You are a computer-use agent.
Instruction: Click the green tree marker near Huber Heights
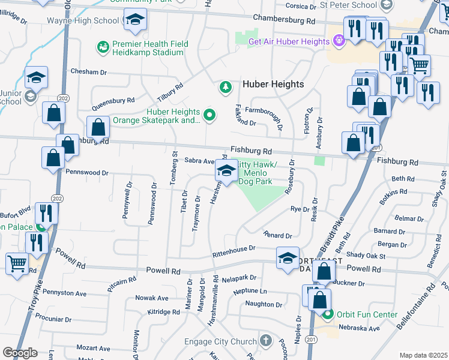(226, 88)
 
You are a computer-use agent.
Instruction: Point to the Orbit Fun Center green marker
(328, 314)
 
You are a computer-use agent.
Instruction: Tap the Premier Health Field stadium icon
(103, 46)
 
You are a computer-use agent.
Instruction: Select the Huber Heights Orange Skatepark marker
(209, 114)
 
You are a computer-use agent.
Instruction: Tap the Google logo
(20, 353)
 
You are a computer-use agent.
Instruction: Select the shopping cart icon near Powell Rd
(16, 262)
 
